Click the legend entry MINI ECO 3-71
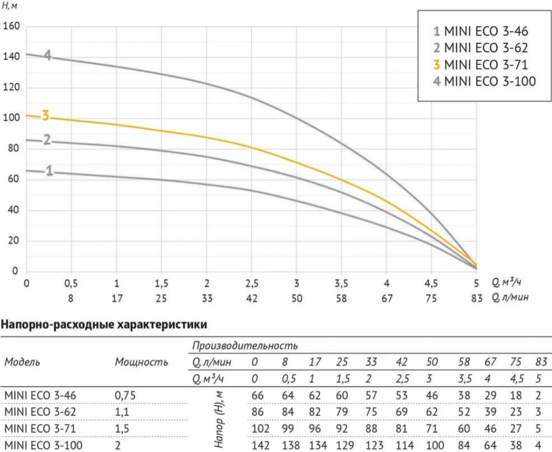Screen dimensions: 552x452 point(480,65)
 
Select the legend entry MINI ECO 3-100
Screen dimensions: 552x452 point(485,81)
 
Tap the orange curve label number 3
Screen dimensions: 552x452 point(46,115)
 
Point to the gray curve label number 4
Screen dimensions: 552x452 point(48,55)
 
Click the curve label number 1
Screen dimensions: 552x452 point(49,171)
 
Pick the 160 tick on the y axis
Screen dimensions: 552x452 point(11,26)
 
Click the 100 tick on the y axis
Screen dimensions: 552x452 point(11,117)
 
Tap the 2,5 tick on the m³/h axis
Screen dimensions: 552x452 point(252,283)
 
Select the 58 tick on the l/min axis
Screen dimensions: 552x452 point(341,298)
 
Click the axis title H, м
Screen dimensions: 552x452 point(10,6)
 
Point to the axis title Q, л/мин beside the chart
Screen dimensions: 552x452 point(510,298)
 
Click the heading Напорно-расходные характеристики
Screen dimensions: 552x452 point(104,324)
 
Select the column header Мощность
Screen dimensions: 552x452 point(142,362)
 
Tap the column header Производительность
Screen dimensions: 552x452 point(245,346)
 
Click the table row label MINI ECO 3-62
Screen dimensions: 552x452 point(40,412)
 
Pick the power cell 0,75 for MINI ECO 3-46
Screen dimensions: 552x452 point(125,395)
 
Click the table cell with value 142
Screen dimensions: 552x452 point(261,445)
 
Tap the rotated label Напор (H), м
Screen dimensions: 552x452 point(219,420)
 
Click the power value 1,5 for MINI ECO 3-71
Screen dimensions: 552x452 point(122,429)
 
